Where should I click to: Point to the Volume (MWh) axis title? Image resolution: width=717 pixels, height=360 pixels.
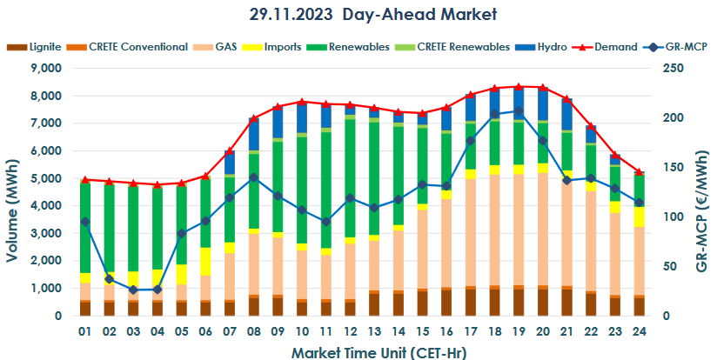[13, 191]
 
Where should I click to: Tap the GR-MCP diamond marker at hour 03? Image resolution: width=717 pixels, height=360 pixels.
[133, 290]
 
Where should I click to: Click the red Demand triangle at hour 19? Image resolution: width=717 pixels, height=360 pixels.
[519, 87]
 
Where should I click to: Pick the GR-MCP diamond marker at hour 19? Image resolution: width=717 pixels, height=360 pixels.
[519, 111]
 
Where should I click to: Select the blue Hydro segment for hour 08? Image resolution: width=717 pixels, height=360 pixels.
[254, 134]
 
